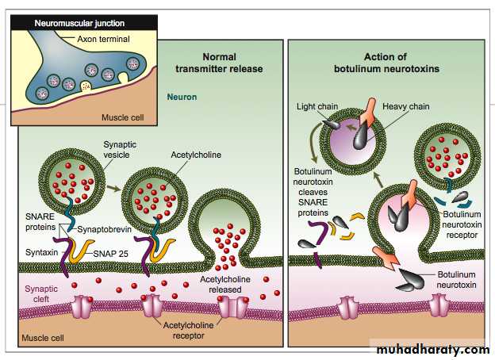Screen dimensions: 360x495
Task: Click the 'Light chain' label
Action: click(316, 106)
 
